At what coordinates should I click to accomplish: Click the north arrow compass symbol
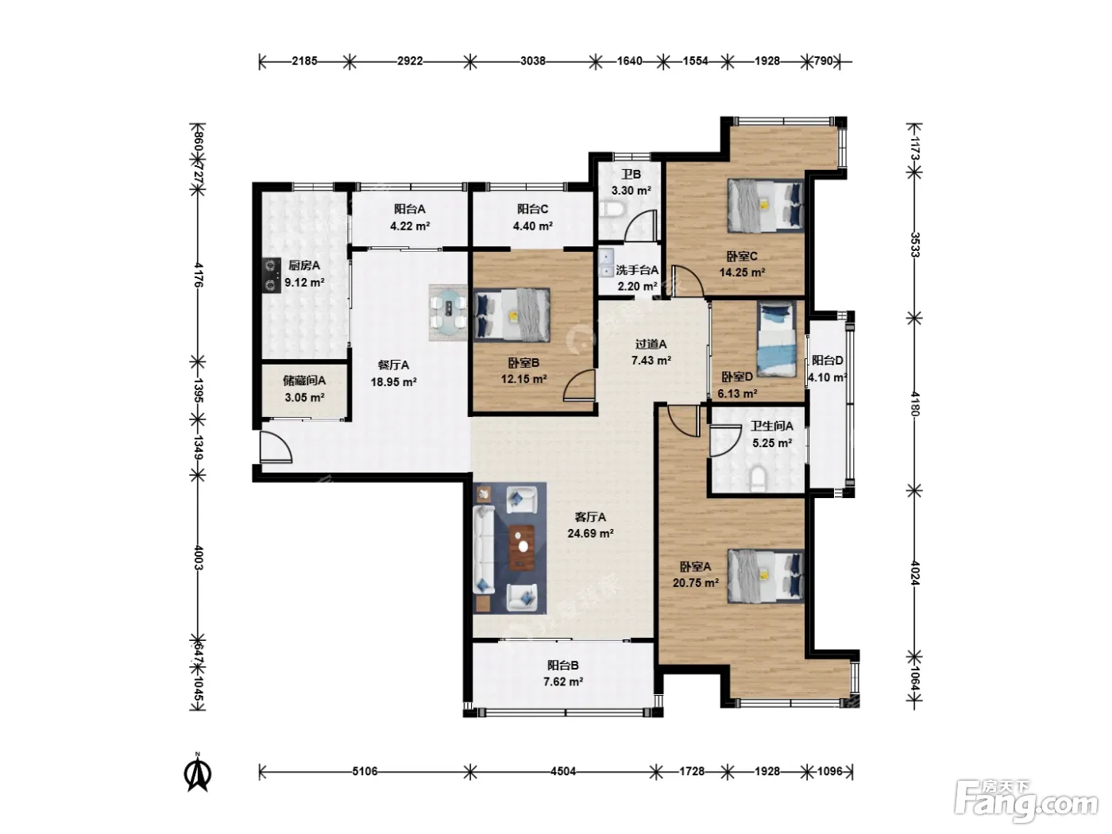click(198, 772)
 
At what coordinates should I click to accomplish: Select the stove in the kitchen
click(272, 276)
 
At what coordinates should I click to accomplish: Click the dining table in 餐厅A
click(448, 312)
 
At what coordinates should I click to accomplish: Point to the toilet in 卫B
click(612, 209)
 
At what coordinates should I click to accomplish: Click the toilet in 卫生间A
click(758, 478)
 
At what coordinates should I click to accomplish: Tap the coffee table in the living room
click(522, 547)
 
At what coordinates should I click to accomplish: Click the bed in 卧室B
click(512, 315)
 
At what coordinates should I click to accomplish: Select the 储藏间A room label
click(304, 380)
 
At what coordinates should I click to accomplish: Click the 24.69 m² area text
click(590, 533)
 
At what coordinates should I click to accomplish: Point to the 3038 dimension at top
click(533, 61)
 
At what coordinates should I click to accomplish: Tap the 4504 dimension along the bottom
click(563, 771)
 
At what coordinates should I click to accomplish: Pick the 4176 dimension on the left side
click(198, 275)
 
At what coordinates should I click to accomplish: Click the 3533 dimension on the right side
click(914, 245)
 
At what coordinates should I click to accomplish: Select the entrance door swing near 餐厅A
click(276, 446)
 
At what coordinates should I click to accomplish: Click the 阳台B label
click(563, 666)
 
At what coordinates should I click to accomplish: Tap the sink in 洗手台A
click(606, 263)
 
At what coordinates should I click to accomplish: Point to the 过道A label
click(651, 345)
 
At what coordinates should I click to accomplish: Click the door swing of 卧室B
click(579, 386)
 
